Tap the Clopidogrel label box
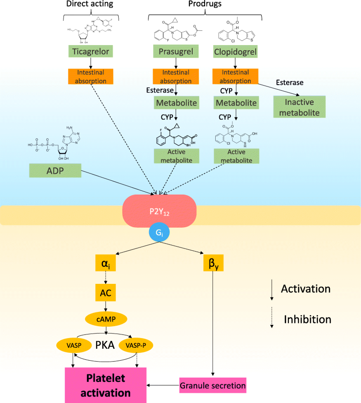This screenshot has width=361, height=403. tap(235, 52)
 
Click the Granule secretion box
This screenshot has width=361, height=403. tap(212, 384)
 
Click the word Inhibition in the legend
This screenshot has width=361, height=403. tap(307, 319)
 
